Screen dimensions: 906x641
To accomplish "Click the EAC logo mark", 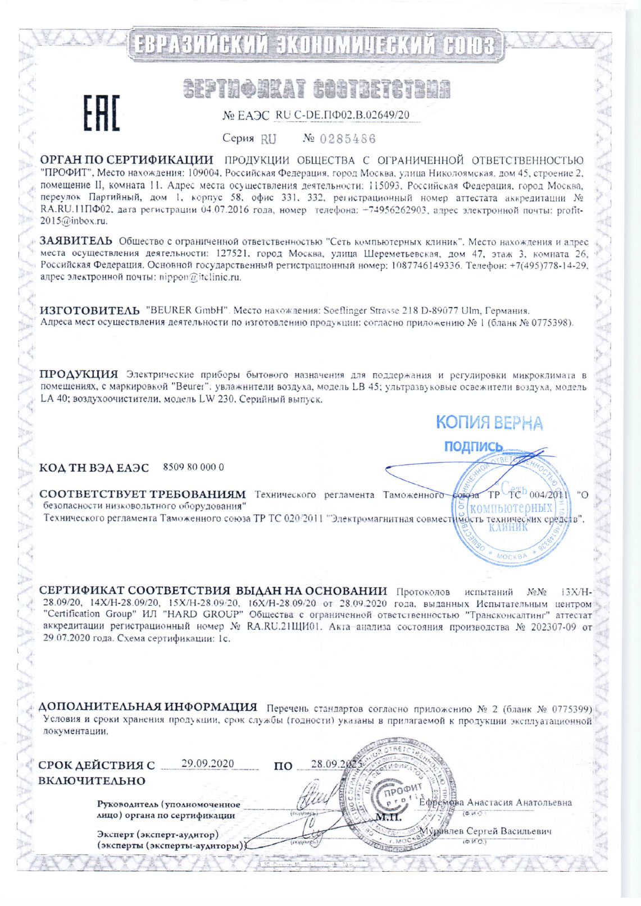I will click(102, 113).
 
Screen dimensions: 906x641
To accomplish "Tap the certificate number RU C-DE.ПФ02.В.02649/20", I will click(343, 115).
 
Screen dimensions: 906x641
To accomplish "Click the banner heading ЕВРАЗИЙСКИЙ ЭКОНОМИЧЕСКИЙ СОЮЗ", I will click(315, 45).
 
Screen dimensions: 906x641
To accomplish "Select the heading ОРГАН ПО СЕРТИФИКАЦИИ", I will click(126, 161).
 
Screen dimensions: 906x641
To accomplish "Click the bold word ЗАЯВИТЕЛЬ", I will click(76, 241).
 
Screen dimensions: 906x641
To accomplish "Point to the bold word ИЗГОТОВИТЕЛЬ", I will click(89, 310).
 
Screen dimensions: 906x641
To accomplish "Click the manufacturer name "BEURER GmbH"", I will click(186, 310).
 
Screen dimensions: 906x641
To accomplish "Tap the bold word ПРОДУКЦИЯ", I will click(79, 374).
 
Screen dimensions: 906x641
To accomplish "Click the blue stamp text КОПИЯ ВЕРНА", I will click(489, 423).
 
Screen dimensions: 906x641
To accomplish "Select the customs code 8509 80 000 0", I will click(193, 467).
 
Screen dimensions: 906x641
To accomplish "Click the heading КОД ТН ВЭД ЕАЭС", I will click(94, 468).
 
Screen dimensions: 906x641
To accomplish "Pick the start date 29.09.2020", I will click(207, 763).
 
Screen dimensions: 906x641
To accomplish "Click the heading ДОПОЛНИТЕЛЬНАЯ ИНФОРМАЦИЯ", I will click(147, 707).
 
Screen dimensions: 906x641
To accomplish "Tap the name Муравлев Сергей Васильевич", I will click(488, 831).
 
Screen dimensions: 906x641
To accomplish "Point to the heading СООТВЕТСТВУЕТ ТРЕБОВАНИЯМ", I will click(143, 495).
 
